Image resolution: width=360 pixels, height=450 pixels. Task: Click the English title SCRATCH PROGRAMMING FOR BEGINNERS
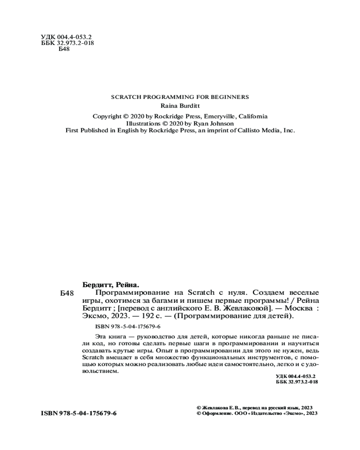(180, 97)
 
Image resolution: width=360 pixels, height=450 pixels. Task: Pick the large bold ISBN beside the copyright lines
(79, 413)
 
